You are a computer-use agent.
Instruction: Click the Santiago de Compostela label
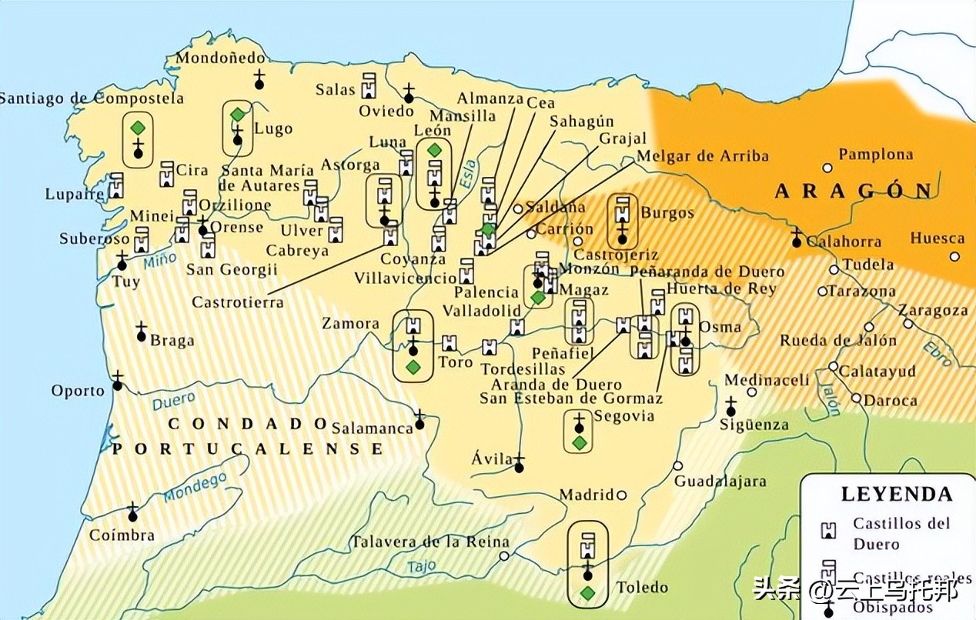92,98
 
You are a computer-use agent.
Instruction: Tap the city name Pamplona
875,155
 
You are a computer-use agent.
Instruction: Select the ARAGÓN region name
853,192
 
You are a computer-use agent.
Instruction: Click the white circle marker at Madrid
621,495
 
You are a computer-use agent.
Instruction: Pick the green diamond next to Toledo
588,593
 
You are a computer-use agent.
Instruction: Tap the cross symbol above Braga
142,332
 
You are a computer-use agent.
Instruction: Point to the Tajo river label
421,566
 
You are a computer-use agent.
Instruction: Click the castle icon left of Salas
369,86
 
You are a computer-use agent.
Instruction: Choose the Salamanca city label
373,428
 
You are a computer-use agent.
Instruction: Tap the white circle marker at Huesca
955,257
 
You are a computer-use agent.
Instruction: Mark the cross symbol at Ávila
520,463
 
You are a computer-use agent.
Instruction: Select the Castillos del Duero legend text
901,533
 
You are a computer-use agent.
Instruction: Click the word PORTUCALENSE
247,448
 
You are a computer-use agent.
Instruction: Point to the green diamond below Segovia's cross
579,443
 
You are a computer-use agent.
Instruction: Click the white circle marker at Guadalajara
678,465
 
